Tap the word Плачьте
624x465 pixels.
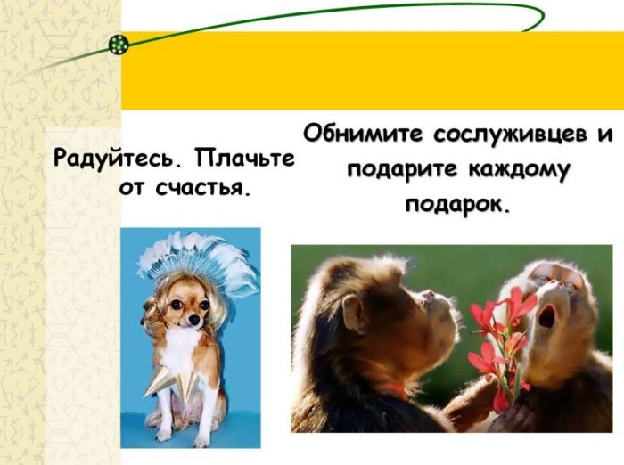[x=244, y=159]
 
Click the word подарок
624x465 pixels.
[x=457, y=205]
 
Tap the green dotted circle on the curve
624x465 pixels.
[x=119, y=45]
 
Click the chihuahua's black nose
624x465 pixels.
[x=193, y=320]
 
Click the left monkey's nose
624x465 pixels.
[x=431, y=294]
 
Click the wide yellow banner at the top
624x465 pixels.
[x=373, y=70]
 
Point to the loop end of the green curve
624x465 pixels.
[x=542, y=16]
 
